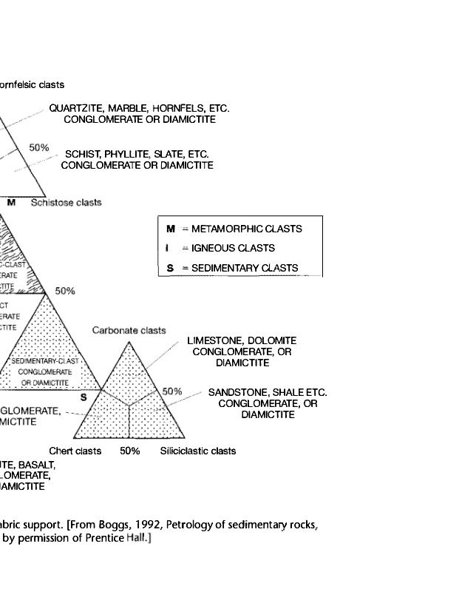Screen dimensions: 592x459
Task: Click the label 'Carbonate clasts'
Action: tap(129, 330)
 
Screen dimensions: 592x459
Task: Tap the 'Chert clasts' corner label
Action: tap(75, 451)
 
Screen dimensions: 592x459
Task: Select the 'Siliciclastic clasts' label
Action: tap(198, 451)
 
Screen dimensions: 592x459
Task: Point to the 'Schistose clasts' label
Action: tap(66, 202)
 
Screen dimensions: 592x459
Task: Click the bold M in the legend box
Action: tap(171, 229)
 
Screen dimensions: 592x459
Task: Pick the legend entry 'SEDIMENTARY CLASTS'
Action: tap(245, 268)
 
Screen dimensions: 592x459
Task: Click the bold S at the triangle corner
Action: tap(84, 397)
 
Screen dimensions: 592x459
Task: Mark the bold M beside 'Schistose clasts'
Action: tap(11, 202)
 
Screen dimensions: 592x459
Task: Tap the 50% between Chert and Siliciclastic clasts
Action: tap(130, 451)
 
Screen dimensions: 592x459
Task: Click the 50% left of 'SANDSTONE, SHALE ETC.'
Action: tap(172, 391)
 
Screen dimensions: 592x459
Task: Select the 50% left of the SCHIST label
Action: tap(39, 147)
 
